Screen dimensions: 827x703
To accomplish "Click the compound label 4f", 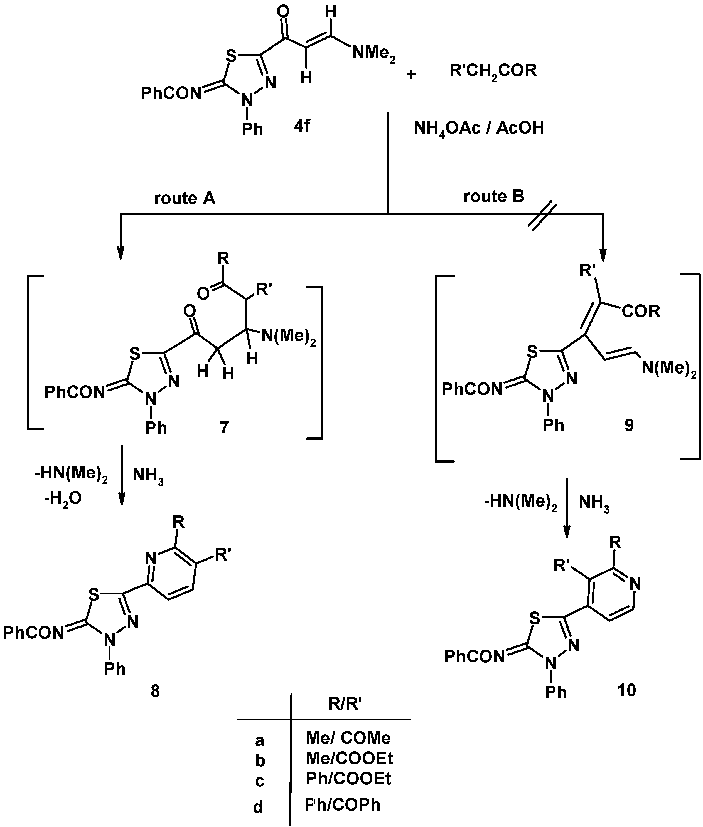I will pyautogui.click(x=302, y=126).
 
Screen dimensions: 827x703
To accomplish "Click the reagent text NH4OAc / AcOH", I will pyautogui.click(x=479, y=128).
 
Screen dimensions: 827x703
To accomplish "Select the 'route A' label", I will pyautogui.click(x=185, y=198).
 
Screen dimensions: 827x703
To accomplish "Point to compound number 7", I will pyautogui.click(x=224, y=428).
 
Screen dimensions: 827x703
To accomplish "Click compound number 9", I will pyautogui.click(x=629, y=425).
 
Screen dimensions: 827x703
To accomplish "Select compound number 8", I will pyautogui.click(x=155, y=692).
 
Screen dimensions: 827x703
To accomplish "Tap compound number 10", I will pyautogui.click(x=626, y=690).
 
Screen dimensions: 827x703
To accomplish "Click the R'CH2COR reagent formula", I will pyautogui.click(x=493, y=71).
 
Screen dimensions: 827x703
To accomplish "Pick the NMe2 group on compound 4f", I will pyautogui.click(x=373, y=53).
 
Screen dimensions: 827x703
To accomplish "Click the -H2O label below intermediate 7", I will pyautogui.click(x=63, y=498).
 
